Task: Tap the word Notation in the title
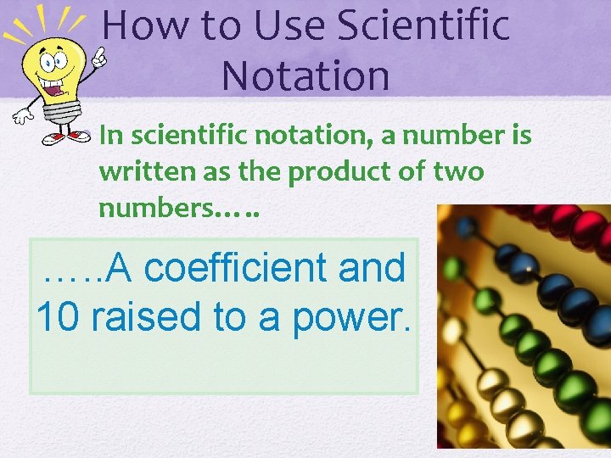(x=305, y=75)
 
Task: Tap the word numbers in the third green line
(x=153, y=208)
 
